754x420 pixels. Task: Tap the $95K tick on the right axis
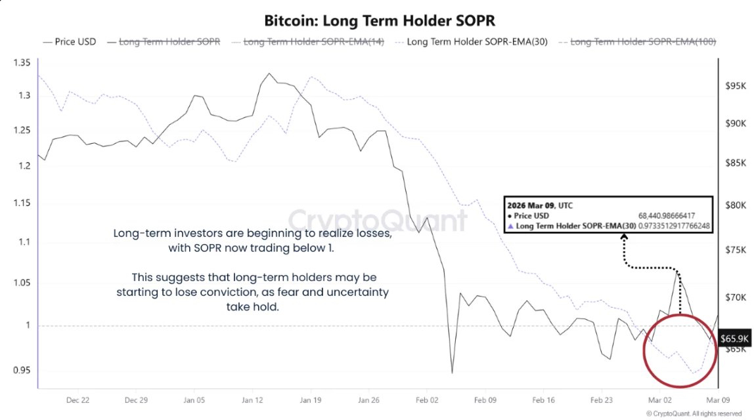coord(736,86)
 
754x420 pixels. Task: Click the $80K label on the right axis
coord(736,205)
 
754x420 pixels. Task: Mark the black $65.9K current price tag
coord(735,339)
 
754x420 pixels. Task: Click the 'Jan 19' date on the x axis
coord(310,399)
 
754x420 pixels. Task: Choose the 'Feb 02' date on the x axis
coord(427,399)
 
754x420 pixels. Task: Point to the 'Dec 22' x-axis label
coord(78,399)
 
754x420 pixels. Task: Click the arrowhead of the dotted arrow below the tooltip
coord(623,240)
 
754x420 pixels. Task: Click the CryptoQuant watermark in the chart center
coord(378,219)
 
